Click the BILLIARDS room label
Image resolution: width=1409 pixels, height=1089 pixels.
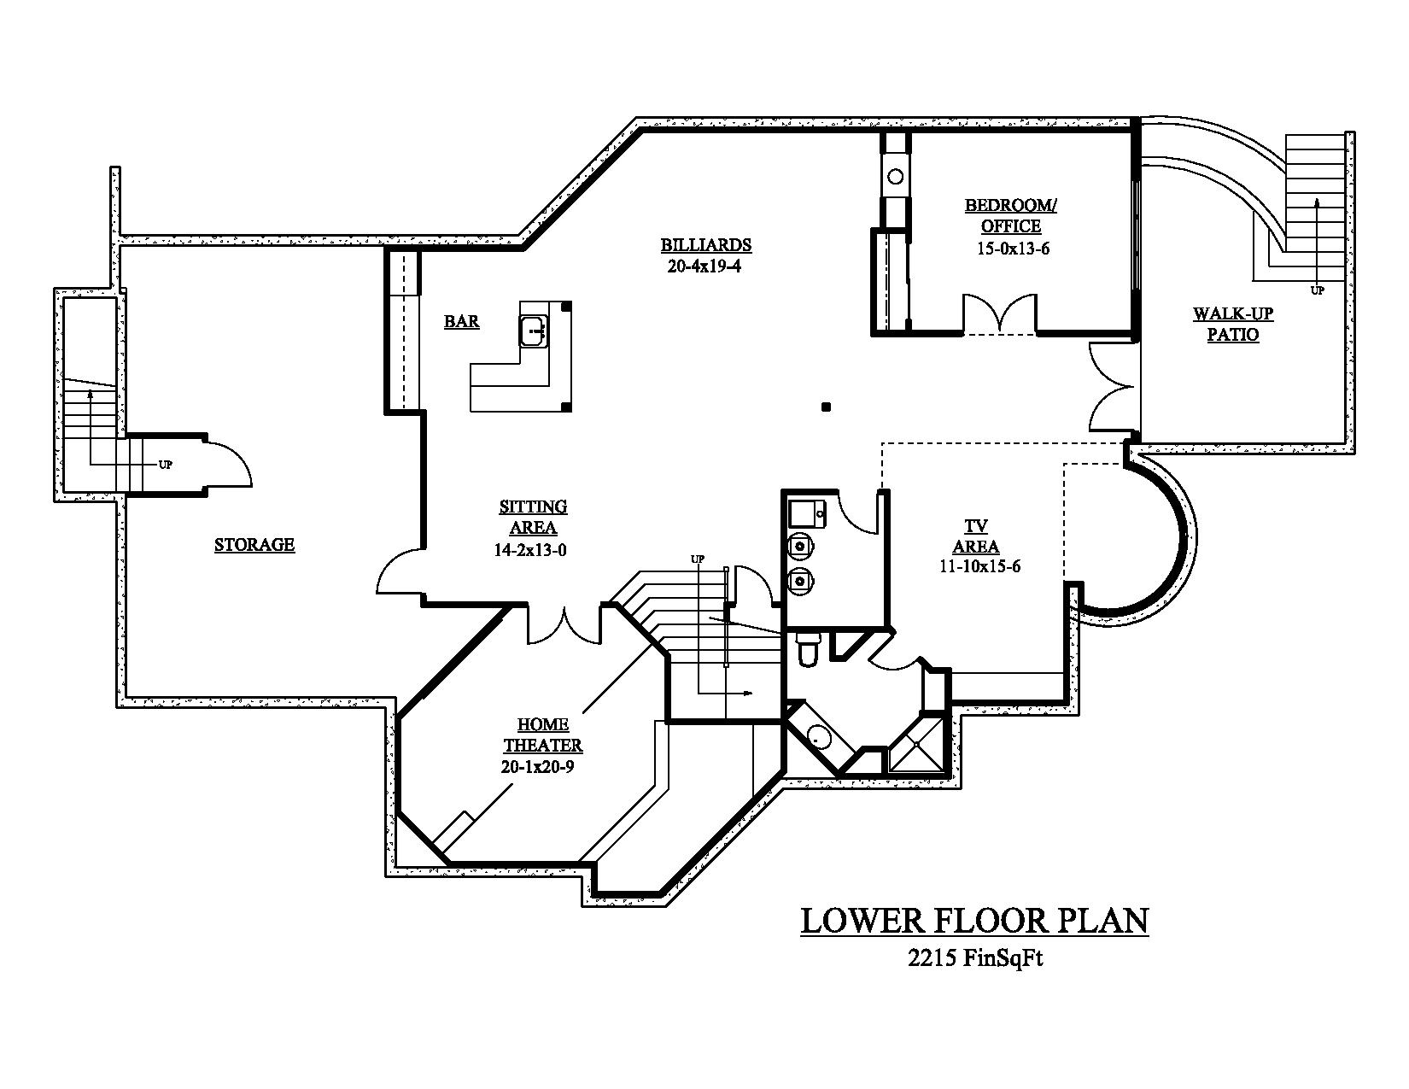[705, 245]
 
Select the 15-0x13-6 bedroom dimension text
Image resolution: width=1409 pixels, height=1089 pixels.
[1012, 249]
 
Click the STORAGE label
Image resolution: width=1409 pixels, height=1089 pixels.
[254, 545]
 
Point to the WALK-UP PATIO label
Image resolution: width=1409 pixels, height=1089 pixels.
[1232, 325]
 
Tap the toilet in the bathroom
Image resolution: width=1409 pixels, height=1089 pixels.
[807, 649]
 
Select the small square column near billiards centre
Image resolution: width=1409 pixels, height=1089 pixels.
[826, 407]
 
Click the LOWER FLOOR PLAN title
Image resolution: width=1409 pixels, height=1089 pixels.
[973, 921]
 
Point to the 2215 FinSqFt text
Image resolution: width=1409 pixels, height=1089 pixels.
[975, 958]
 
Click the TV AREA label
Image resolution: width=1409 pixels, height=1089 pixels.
[976, 536]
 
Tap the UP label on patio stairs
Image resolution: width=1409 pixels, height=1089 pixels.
[1318, 290]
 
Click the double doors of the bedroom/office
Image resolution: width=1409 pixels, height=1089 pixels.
[1000, 314]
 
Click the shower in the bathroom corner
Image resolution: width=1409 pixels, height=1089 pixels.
[916, 746]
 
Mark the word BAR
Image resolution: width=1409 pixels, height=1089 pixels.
[461, 322]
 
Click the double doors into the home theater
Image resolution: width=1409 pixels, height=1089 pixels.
[564, 625]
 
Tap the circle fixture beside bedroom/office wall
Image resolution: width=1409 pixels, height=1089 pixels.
[895, 177]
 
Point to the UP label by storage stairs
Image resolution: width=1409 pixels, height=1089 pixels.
[166, 465]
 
